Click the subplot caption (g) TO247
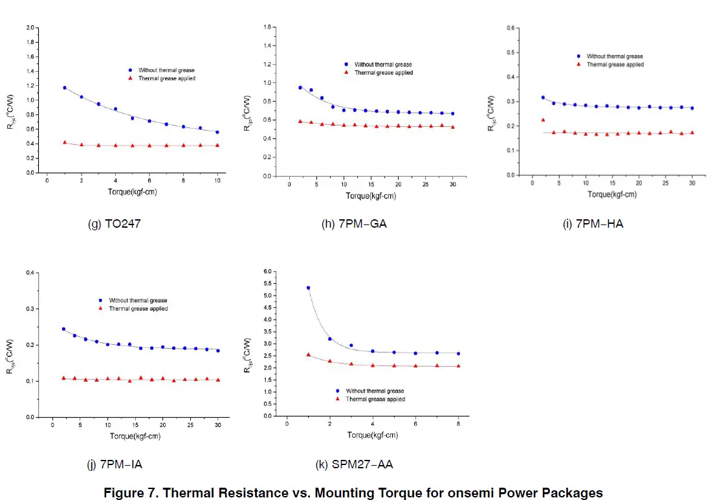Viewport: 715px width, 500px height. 114,224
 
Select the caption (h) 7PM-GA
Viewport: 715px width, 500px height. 354,224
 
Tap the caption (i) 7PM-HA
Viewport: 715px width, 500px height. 593,224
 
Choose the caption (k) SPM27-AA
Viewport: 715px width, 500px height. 354,464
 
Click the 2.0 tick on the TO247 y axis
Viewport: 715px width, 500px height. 30,28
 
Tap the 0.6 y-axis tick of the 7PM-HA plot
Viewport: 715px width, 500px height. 510,28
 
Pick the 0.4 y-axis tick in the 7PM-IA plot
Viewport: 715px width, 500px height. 30,272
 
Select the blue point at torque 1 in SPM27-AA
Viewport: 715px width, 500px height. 308,288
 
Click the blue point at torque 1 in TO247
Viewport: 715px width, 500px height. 64,87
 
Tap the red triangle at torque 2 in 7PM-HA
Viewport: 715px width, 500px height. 543,120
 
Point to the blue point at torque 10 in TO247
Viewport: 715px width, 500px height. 217,132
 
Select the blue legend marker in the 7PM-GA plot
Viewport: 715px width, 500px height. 346,64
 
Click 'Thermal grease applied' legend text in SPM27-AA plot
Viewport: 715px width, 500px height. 376,399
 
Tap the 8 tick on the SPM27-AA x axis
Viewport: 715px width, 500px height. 458,424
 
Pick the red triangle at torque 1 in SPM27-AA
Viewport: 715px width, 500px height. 308,354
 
